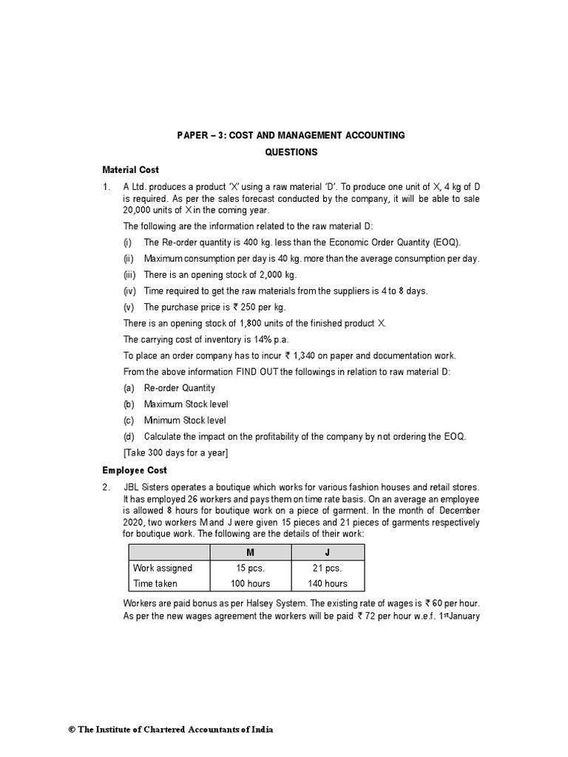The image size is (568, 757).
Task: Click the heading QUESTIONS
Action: tap(291, 152)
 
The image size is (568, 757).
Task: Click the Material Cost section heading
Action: tap(129, 170)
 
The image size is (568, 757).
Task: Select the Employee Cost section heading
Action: tap(135, 470)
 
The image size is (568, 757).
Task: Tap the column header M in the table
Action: tap(251, 553)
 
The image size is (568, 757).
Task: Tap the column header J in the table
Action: tap(328, 553)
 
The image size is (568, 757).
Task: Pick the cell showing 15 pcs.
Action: tap(251, 568)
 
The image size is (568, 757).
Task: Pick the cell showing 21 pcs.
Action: tap(328, 568)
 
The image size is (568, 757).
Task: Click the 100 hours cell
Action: tap(251, 583)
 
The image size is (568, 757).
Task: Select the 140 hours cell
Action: tap(328, 583)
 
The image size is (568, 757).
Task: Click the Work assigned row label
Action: tap(162, 568)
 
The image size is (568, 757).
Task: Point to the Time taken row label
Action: tap(155, 583)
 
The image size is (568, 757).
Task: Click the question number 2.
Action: tap(106, 486)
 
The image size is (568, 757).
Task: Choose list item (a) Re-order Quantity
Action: tap(179, 388)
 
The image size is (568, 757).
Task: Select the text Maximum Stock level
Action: tap(186, 404)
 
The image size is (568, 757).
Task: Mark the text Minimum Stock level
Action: tap(185, 421)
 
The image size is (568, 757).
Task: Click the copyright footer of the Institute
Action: tap(170, 730)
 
